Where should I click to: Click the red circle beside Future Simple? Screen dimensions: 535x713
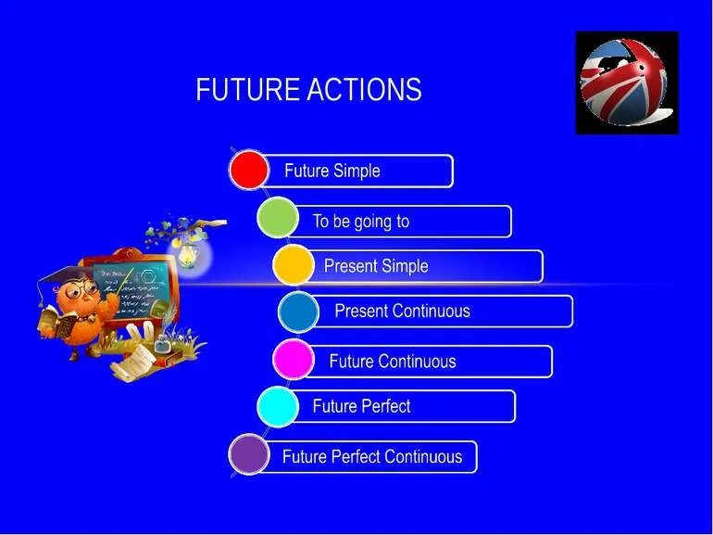(249, 171)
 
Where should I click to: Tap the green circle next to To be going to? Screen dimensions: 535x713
(277, 219)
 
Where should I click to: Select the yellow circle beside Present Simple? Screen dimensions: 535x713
(294, 265)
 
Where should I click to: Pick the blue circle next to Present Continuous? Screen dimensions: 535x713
(298, 312)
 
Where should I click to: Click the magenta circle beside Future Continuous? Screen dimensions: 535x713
(294, 360)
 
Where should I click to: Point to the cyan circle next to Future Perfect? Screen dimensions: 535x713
(277, 406)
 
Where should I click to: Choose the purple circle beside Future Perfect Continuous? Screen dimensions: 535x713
(248, 455)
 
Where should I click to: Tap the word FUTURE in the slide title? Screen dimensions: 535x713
(247, 90)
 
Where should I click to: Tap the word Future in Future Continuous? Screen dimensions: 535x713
(351, 361)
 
